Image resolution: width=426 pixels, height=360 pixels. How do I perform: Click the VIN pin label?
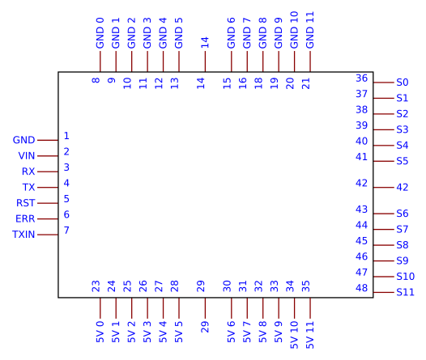(x=27, y=155)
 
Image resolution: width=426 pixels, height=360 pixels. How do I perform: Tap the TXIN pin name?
(x=23, y=235)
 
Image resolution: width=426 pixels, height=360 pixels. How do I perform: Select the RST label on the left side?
(x=26, y=203)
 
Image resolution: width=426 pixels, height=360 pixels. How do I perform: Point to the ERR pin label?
(x=25, y=218)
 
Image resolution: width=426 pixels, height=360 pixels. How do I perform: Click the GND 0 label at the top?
(x=100, y=33)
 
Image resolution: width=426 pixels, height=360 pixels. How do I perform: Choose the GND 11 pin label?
(x=310, y=30)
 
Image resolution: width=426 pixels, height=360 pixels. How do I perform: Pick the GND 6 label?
(x=231, y=33)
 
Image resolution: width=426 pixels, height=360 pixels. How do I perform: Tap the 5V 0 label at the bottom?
(x=100, y=332)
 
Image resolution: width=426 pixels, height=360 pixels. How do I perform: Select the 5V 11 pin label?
(x=310, y=335)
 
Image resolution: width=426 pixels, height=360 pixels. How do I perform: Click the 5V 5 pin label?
(x=179, y=332)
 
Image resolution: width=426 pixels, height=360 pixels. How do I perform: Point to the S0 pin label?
(x=402, y=83)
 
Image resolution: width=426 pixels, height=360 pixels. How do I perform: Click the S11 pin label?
(x=406, y=292)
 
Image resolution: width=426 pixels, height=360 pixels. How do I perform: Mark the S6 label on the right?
(x=402, y=214)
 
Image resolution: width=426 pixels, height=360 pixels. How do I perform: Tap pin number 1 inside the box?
(x=66, y=136)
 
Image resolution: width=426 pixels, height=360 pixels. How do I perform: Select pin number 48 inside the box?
(x=361, y=288)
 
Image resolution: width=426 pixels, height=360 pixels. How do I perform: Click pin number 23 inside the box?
(x=96, y=286)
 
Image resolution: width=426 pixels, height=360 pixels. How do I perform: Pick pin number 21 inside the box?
(x=306, y=83)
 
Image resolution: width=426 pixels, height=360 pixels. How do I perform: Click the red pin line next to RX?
(x=48, y=172)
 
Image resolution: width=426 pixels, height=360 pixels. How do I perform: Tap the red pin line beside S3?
(x=384, y=129)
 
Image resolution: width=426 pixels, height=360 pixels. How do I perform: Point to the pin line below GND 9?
(x=279, y=61)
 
